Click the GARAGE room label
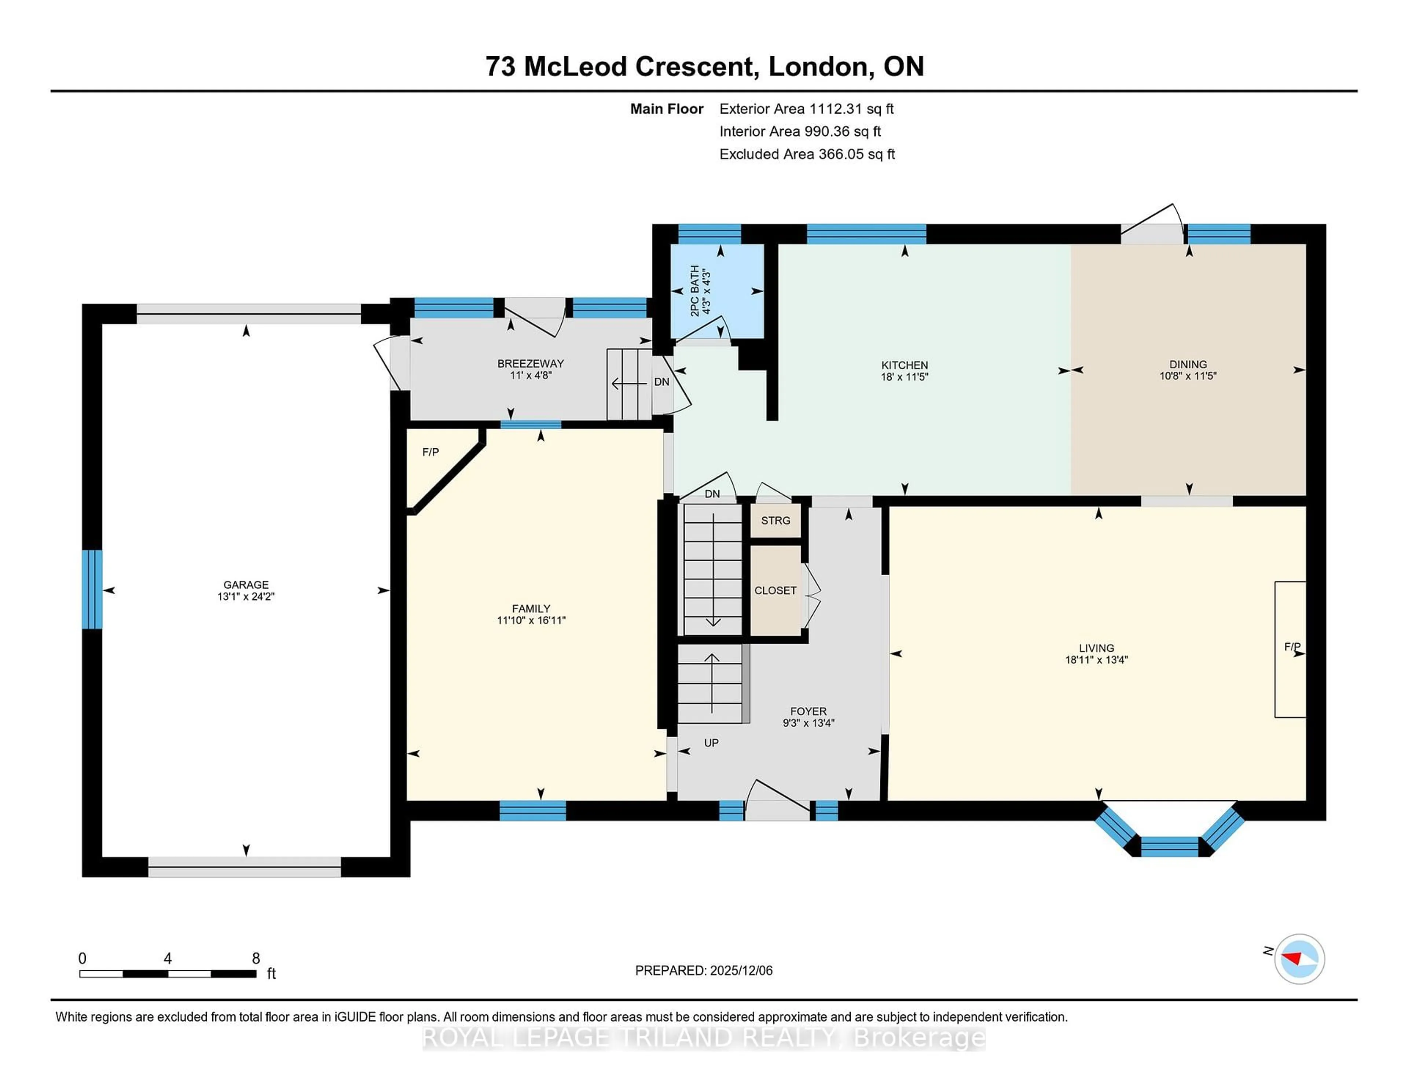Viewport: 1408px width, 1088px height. (246, 585)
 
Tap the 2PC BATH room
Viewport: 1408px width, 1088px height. (716, 291)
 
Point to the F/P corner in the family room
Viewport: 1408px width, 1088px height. (431, 452)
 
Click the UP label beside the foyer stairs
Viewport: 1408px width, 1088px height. (711, 743)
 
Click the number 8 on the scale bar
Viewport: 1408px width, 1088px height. (256, 959)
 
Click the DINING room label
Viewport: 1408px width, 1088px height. (1188, 364)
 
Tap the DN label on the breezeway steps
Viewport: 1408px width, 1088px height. (661, 382)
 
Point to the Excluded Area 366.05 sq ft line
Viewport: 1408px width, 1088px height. (807, 154)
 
